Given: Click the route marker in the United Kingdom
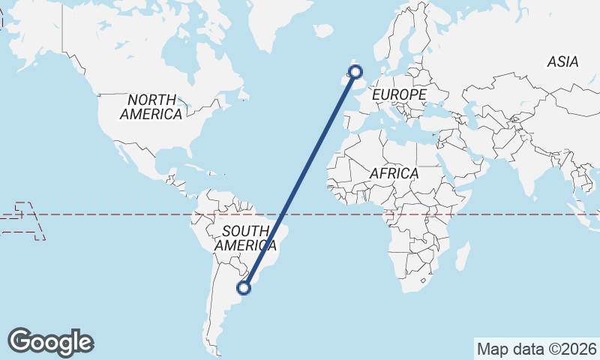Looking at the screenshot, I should [355, 72].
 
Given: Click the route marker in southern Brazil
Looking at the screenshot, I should [244, 286].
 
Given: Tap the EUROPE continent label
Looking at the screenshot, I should [399, 95].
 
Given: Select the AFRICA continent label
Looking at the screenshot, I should [394, 173].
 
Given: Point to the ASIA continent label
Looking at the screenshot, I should [562, 62].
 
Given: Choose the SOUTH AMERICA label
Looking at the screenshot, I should [245, 238].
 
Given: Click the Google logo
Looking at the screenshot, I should [50, 342].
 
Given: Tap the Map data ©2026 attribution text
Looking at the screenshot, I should [537, 349].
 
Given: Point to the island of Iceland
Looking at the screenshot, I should [323, 31].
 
